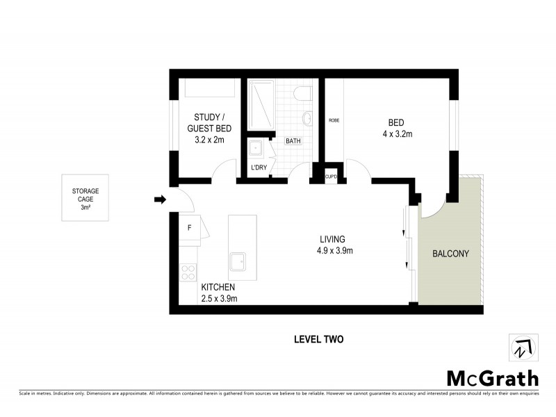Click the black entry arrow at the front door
coord(160,200)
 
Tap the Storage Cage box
coord(85,198)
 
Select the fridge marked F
coord(190,228)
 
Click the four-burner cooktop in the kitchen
coord(188,272)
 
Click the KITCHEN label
coord(218,287)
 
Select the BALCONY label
coord(450,254)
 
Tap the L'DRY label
coord(258,167)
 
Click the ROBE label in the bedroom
coord(334,120)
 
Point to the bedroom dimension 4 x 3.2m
coord(398,134)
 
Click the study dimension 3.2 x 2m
coord(209,140)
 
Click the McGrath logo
coord(491,378)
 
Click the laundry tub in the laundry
coord(256,147)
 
